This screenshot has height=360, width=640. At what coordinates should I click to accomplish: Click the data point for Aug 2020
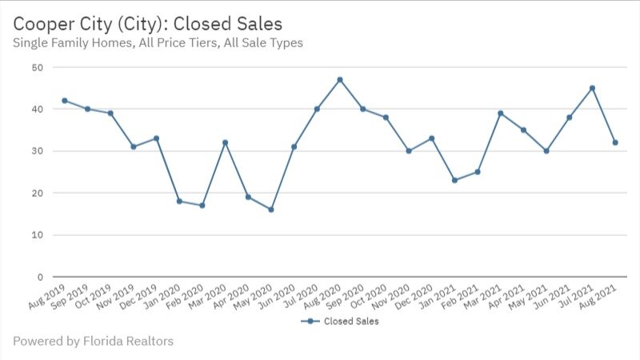340,79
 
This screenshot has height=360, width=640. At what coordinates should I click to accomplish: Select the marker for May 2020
271,210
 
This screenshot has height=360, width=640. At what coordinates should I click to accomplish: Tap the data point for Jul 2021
592,88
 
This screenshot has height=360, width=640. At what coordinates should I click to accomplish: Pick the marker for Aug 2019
64,100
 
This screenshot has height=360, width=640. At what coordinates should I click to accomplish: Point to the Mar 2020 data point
226,142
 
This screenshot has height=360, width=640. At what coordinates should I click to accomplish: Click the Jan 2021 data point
454,180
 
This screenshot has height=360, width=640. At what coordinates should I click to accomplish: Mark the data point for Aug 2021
615,142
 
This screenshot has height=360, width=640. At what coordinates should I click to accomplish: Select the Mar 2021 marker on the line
501,113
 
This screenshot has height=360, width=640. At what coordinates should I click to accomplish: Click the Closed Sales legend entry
340,322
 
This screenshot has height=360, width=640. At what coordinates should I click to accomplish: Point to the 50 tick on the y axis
37,67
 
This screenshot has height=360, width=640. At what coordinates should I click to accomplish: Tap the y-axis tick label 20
37,193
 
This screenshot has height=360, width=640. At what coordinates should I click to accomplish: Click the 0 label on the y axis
39,277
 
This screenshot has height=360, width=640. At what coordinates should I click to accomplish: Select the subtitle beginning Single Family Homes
158,42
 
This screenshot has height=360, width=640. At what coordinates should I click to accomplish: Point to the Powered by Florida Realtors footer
93,342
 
